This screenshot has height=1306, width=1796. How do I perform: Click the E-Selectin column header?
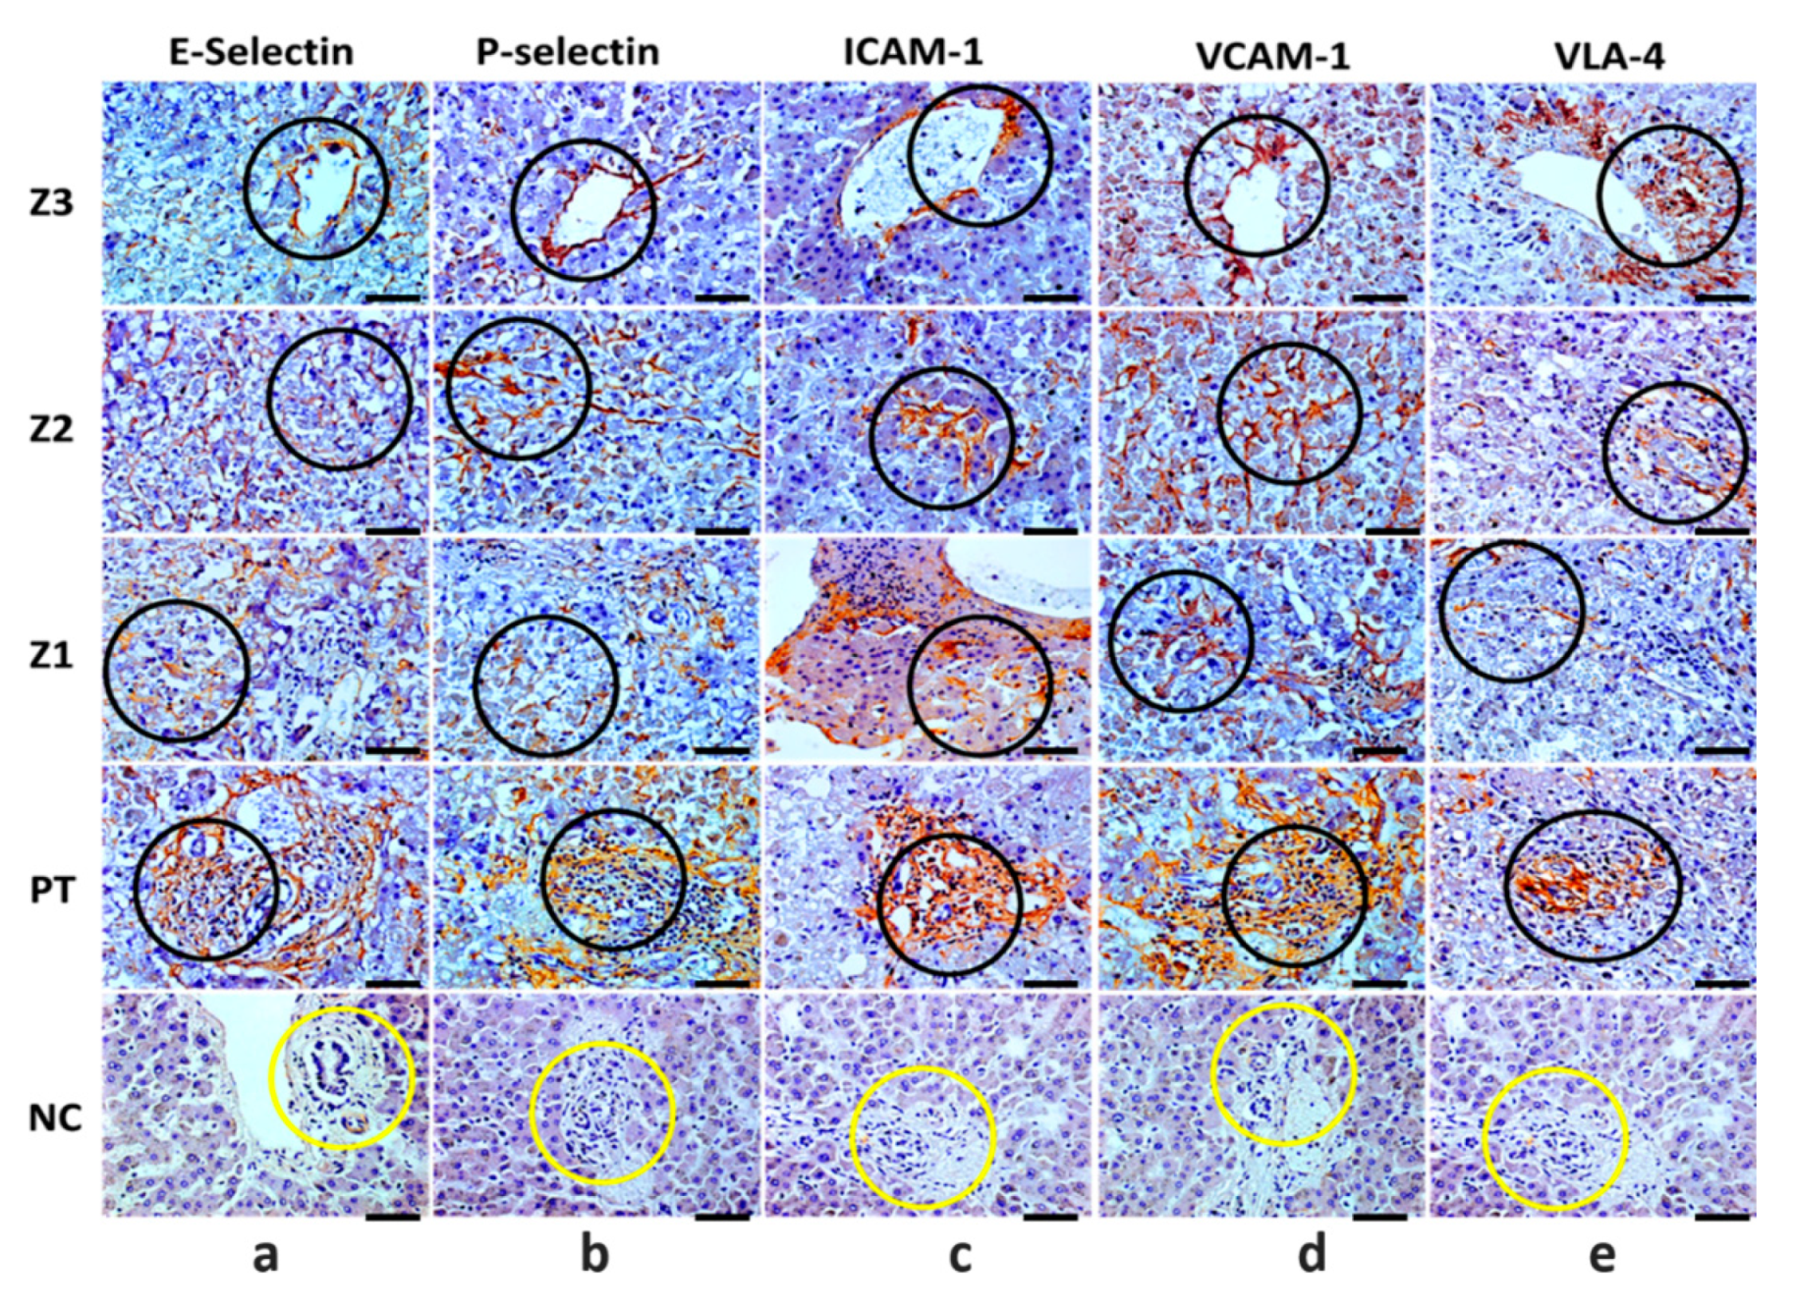(260, 51)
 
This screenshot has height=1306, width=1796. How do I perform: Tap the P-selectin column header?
(567, 51)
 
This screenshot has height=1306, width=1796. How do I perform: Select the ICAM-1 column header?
(913, 51)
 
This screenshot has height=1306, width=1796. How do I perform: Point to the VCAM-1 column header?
(1272, 56)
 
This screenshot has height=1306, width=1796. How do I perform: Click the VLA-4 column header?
(1609, 56)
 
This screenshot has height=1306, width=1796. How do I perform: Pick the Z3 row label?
(51, 202)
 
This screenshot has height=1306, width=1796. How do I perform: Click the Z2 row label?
(51, 429)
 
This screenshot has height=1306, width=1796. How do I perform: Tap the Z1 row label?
(51, 654)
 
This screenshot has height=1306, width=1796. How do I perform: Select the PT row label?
(51, 889)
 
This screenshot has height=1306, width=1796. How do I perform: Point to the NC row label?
(54, 1117)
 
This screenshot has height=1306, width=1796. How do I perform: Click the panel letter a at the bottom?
(265, 1255)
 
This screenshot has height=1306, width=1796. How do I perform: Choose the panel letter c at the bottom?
(960, 1255)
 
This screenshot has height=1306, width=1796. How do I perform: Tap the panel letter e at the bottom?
(1601, 1255)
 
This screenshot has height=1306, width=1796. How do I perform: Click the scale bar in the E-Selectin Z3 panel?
(392, 296)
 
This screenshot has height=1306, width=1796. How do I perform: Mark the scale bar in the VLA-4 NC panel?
(1722, 1217)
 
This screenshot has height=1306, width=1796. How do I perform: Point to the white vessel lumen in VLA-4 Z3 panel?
(1562, 187)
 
